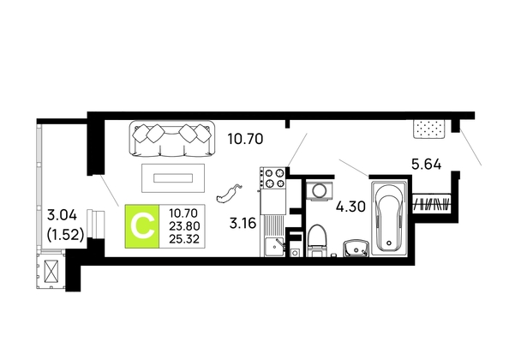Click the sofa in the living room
tap(172, 138)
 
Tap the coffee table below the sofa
tap(173, 178)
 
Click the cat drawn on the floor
tap(229, 194)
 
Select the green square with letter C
tap(142, 226)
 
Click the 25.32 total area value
tap(184, 239)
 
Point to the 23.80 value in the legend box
tap(184, 226)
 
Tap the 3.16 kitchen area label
tap(243, 224)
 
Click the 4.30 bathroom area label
tap(350, 207)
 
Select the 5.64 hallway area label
tap(427, 165)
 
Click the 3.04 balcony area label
tap(62, 215)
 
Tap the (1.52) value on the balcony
tap(66, 234)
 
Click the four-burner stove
tap(272, 178)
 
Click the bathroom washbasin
tap(356, 249)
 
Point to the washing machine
tap(320, 191)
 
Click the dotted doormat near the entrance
tap(428, 129)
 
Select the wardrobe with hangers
tap(431, 203)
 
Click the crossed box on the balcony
tap(51, 272)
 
